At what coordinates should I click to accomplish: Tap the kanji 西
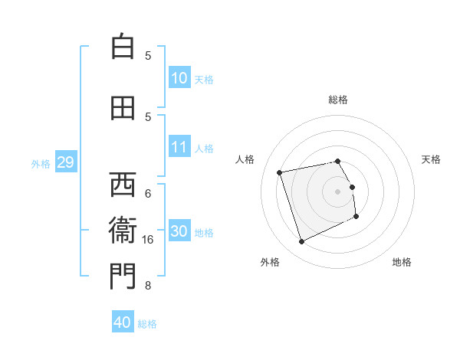(122, 185)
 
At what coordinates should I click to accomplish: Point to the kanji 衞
(122, 231)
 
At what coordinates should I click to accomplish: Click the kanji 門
(122, 277)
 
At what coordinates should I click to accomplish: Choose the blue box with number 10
(179, 78)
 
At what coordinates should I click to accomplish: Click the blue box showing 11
(179, 147)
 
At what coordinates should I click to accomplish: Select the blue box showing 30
(179, 231)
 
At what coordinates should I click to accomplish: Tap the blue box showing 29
(65, 162)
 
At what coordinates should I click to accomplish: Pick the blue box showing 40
(123, 322)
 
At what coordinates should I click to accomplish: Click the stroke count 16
(149, 240)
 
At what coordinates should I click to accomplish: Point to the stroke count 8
(148, 286)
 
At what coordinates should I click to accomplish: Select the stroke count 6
(148, 193)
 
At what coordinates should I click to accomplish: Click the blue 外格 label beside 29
(40, 163)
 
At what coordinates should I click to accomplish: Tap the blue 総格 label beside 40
(147, 324)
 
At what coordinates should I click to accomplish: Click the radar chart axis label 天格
(432, 159)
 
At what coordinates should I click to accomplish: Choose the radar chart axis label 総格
(338, 100)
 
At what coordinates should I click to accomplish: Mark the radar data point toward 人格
(280, 172)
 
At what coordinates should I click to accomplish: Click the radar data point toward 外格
(301, 242)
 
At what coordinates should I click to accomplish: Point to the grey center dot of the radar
(338, 191)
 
